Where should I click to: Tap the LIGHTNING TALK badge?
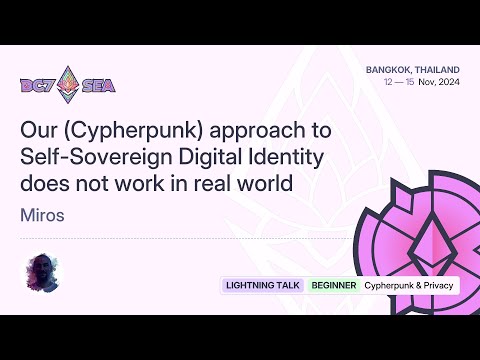[x=264, y=285]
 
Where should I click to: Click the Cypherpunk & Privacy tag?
[x=408, y=285]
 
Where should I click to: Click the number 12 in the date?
[x=388, y=82]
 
